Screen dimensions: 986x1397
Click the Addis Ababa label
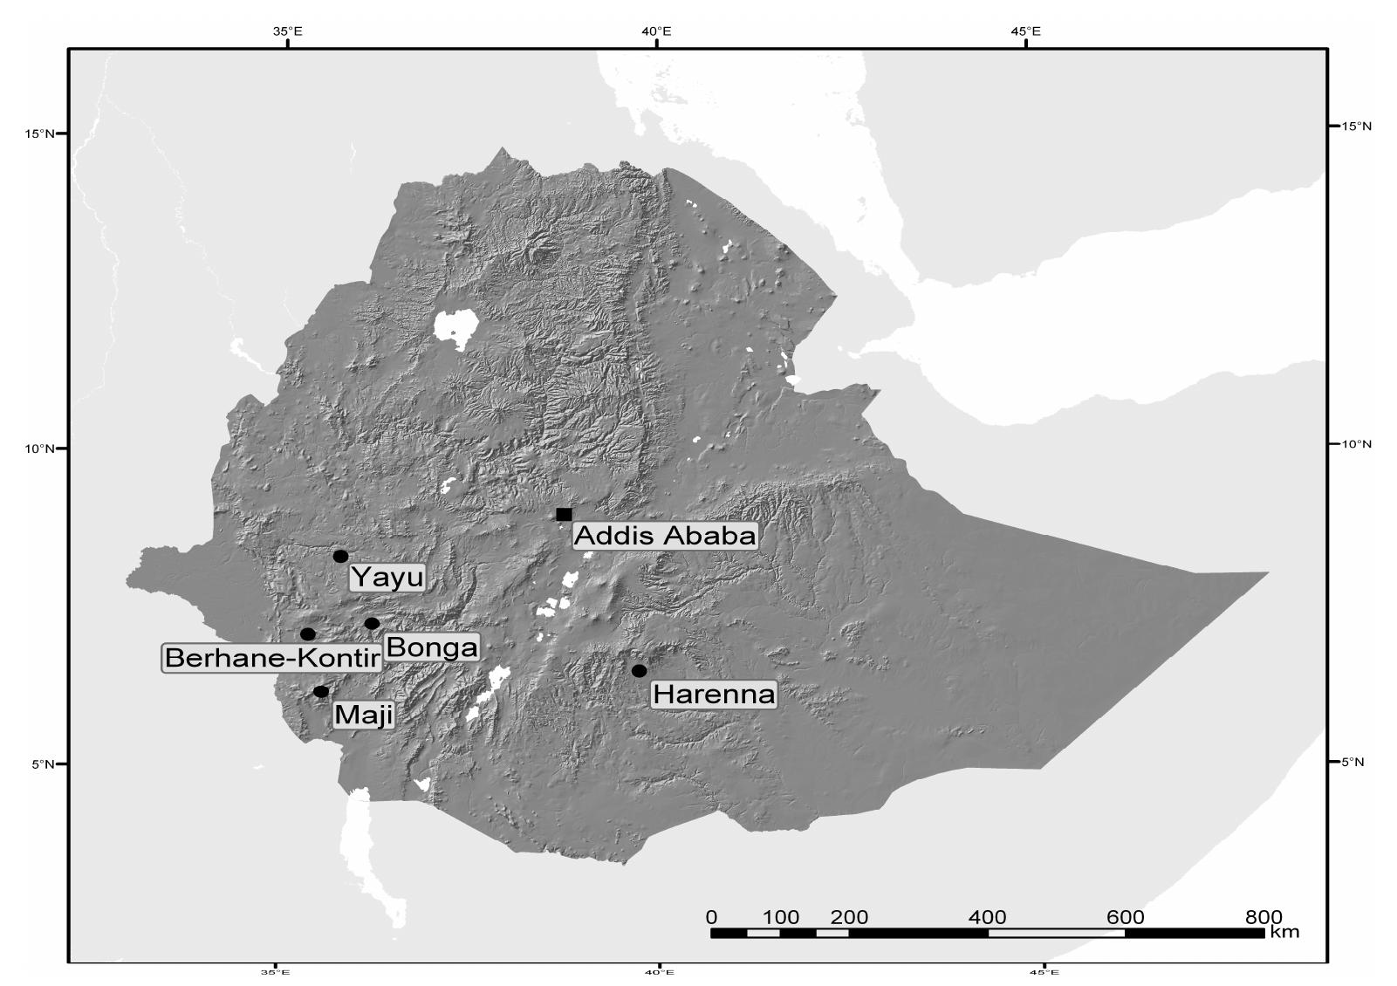pyautogui.click(x=665, y=536)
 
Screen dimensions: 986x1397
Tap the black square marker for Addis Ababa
pyautogui.click(x=564, y=514)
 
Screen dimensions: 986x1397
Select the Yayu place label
pyautogui.click(x=387, y=578)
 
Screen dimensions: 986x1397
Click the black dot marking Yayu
pyautogui.click(x=340, y=556)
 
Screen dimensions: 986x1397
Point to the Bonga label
pyautogui.click(x=432, y=647)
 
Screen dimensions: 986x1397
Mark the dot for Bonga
pyautogui.click(x=372, y=623)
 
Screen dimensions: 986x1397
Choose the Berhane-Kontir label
pyautogui.click(x=272, y=658)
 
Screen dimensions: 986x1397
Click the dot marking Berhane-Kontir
pyautogui.click(x=308, y=633)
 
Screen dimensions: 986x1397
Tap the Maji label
pyautogui.click(x=364, y=716)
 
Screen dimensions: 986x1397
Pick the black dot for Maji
pyautogui.click(x=321, y=691)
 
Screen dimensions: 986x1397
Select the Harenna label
pyautogui.click(x=714, y=695)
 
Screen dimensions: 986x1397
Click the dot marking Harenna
pyautogui.click(x=639, y=670)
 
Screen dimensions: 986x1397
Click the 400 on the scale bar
pyautogui.click(x=987, y=917)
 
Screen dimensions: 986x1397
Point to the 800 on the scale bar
pyautogui.click(x=1263, y=917)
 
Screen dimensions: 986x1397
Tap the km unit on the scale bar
pyautogui.click(x=1284, y=932)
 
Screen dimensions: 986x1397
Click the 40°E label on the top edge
pyautogui.click(x=656, y=31)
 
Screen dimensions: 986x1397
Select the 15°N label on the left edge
pyautogui.click(x=38, y=134)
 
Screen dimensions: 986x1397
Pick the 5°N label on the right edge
pyautogui.click(x=1352, y=762)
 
